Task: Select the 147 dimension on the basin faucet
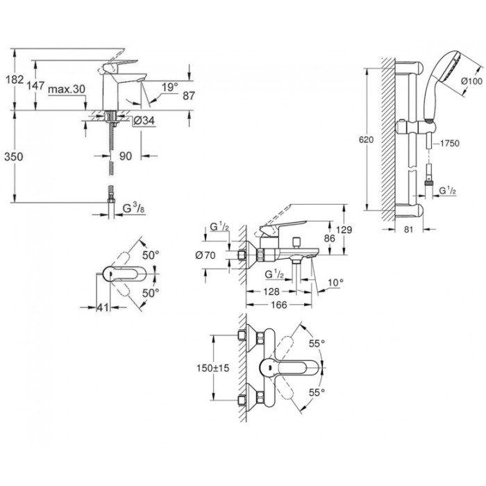pyautogui.click(x=37, y=86)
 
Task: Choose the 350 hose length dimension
pyautogui.click(x=13, y=156)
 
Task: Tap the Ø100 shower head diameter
pyautogui.click(x=472, y=82)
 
